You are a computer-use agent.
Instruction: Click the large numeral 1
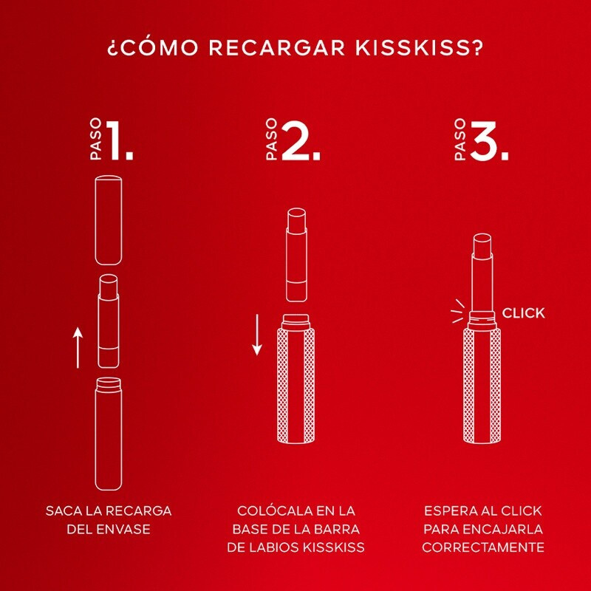click(120, 140)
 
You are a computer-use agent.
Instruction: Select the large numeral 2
click(301, 140)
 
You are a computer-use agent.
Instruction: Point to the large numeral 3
click(489, 140)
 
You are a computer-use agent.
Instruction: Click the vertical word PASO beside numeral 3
click(460, 139)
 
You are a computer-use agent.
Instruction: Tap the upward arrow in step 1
click(78, 347)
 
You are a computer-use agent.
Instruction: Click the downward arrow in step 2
click(257, 335)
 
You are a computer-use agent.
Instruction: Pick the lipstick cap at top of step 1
click(109, 219)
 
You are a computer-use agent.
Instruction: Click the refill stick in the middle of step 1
click(109, 321)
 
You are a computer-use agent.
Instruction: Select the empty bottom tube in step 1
click(109, 434)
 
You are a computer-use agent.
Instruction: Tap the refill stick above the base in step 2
click(297, 255)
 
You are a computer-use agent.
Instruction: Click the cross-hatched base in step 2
click(296, 378)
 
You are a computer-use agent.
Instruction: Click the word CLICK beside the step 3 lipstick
click(524, 312)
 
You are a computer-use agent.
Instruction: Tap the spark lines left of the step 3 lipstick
click(458, 311)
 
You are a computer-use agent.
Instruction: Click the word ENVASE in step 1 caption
click(124, 529)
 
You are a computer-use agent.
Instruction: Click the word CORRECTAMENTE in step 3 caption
click(483, 547)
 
